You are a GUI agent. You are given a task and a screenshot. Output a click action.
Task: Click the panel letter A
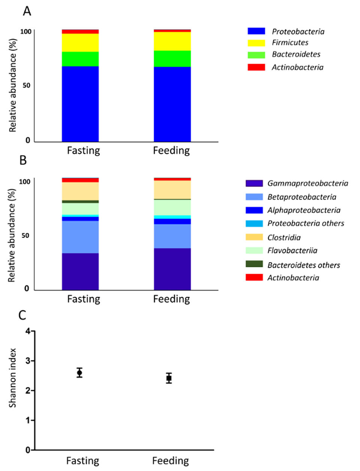pyautogui.click(x=27, y=11)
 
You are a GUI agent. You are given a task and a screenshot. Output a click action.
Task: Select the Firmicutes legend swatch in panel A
pyautogui.click(x=256, y=43)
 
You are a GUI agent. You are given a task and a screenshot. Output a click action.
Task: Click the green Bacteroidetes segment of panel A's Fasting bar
pyautogui.click(x=80, y=59)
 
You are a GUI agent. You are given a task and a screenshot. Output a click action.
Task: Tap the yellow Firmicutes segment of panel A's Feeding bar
pyautogui.click(x=172, y=41)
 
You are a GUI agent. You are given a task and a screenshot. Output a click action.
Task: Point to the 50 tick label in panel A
pyautogui.click(x=26, y=85)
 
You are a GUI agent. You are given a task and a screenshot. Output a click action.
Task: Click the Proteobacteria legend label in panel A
pyautogui.click(x=298, y=31)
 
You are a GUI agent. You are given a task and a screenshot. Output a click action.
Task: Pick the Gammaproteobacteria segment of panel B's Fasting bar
pyautogui.click(x=80, y=271)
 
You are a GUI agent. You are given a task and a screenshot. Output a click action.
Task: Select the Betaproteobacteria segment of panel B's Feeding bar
pyautogui.click(x=172, y=236)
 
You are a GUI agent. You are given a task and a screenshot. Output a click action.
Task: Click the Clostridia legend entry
pyautogui.click(x=284, y=237)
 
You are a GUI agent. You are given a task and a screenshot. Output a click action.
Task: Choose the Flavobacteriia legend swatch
pyautogui.click(x=254, y=250)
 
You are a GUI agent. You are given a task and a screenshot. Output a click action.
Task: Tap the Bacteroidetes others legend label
pyautogui.click(x=303, y=265)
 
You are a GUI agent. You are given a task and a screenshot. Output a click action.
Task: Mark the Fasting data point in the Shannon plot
pyautogui.click(x=79, y=372)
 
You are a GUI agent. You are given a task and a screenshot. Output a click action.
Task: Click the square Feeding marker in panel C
pyautogui.click(x=169, y=378)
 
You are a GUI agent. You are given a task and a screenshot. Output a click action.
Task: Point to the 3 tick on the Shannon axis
pyautogui.click(x=28, y=361)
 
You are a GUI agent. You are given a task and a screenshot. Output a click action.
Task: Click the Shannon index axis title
pyautogui.click(x=13, y=378)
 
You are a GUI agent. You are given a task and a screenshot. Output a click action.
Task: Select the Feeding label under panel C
pyautogui.click(x=171, y=461)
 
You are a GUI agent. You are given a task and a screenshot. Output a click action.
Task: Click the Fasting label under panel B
pyautogui.click(x=84, y=299)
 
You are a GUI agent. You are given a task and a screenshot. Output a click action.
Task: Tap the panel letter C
pyautogui.click(x=22, y=315)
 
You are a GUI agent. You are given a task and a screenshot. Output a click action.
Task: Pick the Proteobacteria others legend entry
pyautogui.click(x=306, y=223)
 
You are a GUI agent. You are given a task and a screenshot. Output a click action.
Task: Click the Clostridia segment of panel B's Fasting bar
pyautogui.click(x=80, y=191)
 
